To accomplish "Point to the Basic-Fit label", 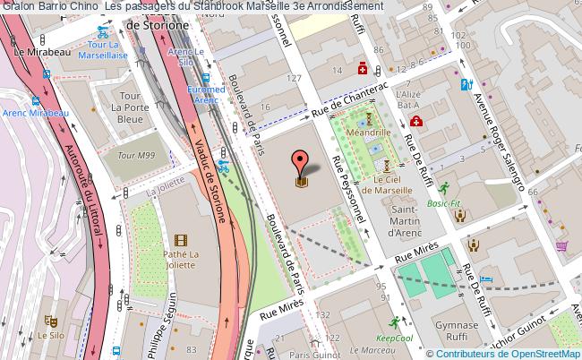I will pyautogui.click(x=443, y=203).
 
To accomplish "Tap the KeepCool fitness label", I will pyautogui.click(x=393, y=339).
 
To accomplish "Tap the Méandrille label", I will pyautogui.click(x=368, y=132).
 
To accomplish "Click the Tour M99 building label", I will pyautogui.click(x=135, y=156).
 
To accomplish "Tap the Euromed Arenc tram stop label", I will pyautogui.click(x=204, y=94).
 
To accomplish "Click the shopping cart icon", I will pyautogui.click(x=562, y=246).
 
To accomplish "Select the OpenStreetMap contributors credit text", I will pyautogui.click(x=503, y=353).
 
